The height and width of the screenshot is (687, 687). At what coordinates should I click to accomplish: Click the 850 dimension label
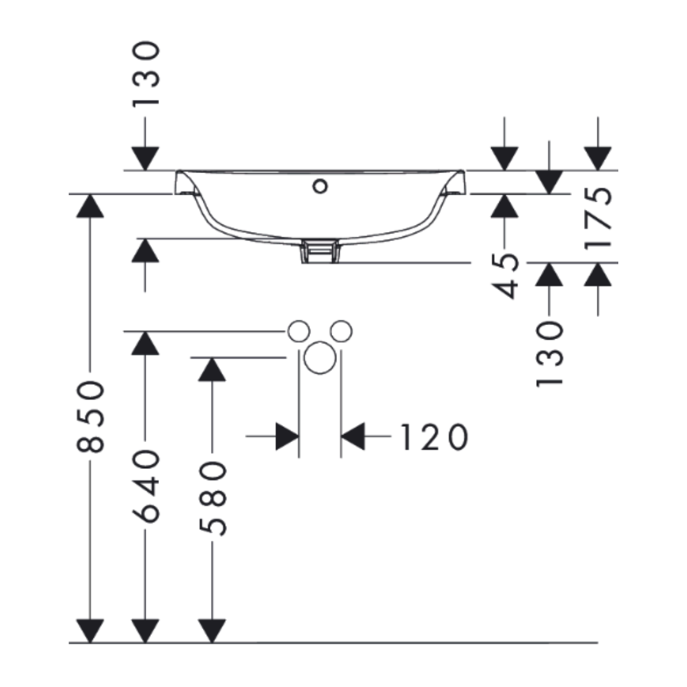[x=90, y=417]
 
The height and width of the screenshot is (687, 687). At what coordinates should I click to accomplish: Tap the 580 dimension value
[x=213, y=498]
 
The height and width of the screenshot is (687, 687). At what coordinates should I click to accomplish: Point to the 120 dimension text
[x=434, y=437]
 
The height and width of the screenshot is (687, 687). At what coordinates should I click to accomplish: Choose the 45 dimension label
[x=505, y=276]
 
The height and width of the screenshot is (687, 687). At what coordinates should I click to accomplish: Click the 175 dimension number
[x=598, y=218]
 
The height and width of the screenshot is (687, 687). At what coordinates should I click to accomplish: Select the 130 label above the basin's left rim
[x=146, y=74]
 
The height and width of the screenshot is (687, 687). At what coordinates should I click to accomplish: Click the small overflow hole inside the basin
[x=320, y=186]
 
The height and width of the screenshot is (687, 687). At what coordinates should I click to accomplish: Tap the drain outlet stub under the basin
[x=320, y=251]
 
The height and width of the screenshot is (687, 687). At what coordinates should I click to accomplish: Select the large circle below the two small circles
[x=320, y=357]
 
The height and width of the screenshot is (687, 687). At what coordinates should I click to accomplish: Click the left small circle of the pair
[x=299, y=331]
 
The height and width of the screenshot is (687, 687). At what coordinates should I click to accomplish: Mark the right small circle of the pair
[x=342, y=331]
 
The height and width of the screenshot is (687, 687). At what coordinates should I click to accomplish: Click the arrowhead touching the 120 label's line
[x=352, y=436]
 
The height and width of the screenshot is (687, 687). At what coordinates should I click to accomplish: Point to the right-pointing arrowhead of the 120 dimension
[x=288, y=436]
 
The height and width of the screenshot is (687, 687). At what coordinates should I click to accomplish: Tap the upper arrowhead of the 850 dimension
[x=90, y=206]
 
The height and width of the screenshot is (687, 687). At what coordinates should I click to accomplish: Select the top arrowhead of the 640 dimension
[x=146, y=343]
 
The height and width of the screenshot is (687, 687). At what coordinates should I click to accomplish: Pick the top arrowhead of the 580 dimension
[x=212, y=370]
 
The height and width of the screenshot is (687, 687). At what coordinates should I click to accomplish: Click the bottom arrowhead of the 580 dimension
[x=212, y=631]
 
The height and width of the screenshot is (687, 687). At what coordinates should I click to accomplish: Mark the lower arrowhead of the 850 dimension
[x=90, y=631]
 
